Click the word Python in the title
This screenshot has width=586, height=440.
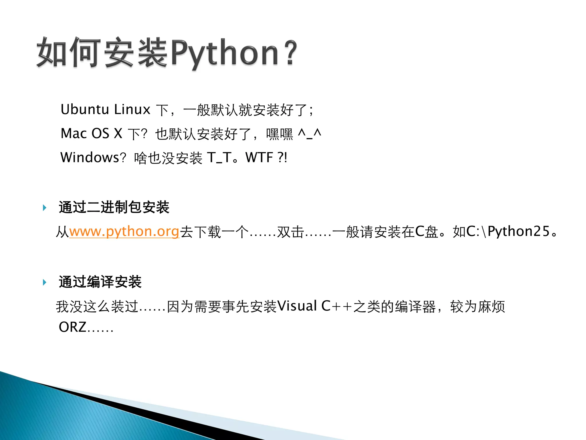click(x=225, y=53)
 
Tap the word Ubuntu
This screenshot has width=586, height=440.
click(x=85, y=109)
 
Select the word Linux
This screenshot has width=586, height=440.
click(x=132, y=109)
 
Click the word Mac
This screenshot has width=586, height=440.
click(x=74, y=133)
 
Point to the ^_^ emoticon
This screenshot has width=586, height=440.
click(x=309, y=133)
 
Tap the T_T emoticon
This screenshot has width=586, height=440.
click(x=219, y=158)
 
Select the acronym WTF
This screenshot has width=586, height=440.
click(x=259, y=158)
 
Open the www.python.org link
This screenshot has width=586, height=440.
click(x=124, y=231)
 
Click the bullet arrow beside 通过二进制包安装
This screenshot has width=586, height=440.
click(x=45, y=208)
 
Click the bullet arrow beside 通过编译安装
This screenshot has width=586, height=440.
click(x=45, y=282)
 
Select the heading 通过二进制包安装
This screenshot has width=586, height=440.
click(x=114, y=207)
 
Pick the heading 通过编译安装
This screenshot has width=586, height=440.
click(x=100, y=282)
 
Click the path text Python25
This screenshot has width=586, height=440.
click(x=518, y=231)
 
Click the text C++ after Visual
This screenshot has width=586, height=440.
click(x=336, y=306)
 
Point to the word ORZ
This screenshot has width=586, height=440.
click(x=72, y=327)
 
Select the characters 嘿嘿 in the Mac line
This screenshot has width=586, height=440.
click(x=280, y=134)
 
